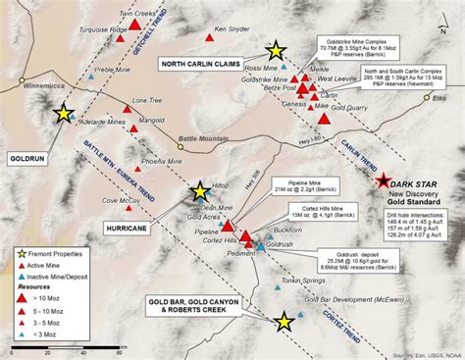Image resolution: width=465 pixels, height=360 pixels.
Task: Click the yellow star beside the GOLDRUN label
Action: [x=64, y=114]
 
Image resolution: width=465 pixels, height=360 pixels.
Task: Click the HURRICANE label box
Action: [x=126, y=228]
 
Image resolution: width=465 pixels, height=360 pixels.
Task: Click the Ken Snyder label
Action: [x=232, y=29]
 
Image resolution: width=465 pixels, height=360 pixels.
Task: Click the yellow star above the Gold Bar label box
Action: [x=284, y=321]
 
